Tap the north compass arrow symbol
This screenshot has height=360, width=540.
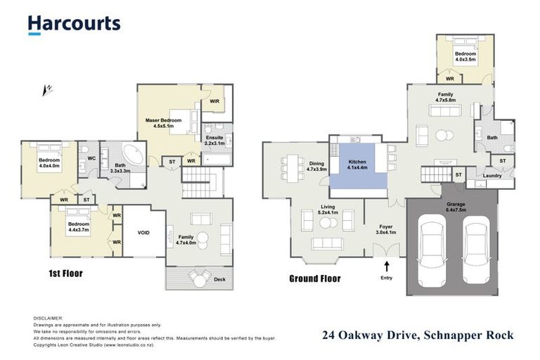(x=48, y=89)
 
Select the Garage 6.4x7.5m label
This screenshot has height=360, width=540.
(x=456, y=205)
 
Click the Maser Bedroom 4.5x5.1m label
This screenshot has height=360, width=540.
(x=164, y=124)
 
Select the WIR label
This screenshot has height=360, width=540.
(x=214, y=101)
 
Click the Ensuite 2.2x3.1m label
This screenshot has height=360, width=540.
(x=214, y=141)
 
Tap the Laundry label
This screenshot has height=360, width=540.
(x=493, y=176)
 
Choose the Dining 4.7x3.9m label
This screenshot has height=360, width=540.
(x=316, y=167)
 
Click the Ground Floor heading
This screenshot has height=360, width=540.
(x=315, y=278)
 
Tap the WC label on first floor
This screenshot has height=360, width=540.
(x=91, y=159)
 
